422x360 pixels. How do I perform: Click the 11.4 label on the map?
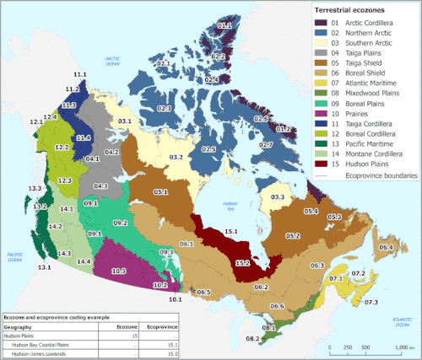(84, 137)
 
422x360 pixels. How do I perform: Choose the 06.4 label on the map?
(387, 247)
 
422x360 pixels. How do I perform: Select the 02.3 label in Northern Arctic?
(164, 109)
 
